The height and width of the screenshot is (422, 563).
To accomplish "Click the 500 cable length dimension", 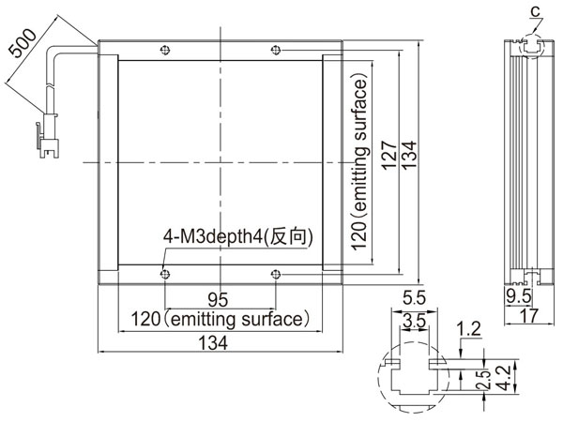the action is [23, 43].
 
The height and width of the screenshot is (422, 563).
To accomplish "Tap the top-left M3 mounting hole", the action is [165, 50].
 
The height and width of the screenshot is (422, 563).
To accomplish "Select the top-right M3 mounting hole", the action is [275, 50].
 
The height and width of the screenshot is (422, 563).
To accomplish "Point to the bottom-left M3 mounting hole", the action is [165, 275].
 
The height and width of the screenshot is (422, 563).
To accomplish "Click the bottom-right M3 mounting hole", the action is [275, 275].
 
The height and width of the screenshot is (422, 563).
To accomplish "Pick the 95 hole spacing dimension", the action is [218, 300].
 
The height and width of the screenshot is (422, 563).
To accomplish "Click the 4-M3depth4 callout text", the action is [238, 236].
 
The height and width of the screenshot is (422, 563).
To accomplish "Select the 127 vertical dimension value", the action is [389, 156].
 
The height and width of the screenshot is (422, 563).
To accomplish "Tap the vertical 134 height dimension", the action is [409, 155].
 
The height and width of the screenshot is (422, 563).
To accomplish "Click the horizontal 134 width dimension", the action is [213, 342].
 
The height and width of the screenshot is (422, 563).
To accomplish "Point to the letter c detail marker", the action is [536, 11].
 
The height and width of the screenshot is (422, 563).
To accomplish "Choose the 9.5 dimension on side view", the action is [519, 296].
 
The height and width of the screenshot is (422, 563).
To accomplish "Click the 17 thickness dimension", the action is [529, 316].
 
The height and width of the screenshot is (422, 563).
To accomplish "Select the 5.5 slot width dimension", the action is [415, 298].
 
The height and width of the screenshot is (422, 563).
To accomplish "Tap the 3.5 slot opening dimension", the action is [415, 321].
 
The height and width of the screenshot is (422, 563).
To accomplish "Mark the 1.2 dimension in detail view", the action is [468, 329].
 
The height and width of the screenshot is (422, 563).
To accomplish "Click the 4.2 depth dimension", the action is [505, 378].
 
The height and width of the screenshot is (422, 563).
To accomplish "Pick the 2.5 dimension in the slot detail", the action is [484, 380].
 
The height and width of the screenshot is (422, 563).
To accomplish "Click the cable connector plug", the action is [48, 136].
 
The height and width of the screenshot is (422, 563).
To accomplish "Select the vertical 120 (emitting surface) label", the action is [359, 162].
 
